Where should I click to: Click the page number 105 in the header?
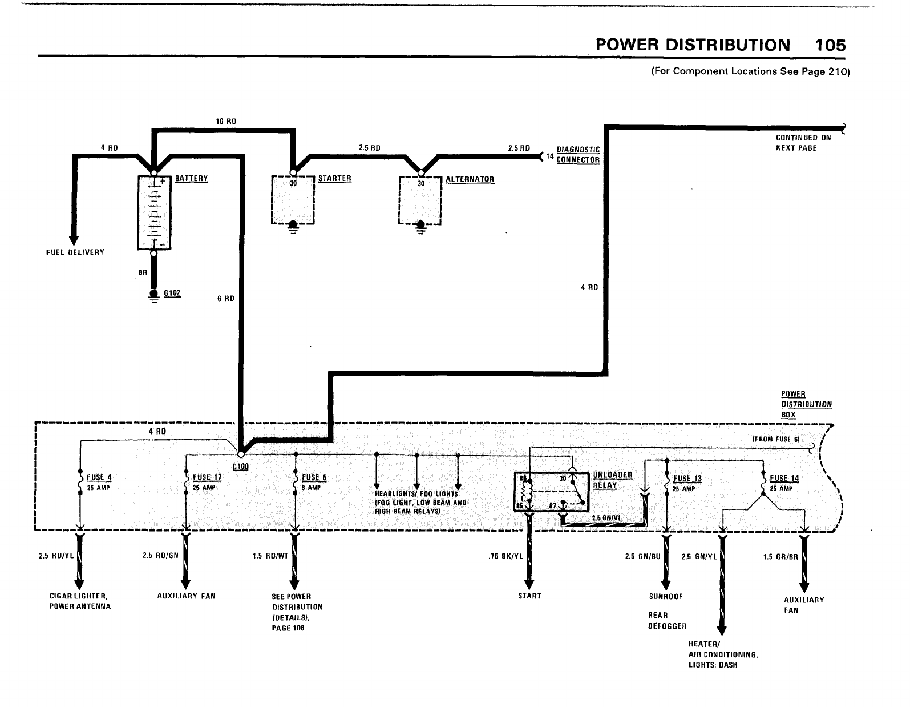pos(830,45)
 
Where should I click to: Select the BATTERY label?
pos(191,179)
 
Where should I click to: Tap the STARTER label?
pos(335,179)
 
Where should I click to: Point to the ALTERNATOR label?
pos(470,179)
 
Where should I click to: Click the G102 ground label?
pos(172,293)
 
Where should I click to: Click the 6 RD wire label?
pos(225,298)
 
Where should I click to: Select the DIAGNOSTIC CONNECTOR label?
pos(578,155)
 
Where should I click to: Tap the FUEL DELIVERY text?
pos(75,252)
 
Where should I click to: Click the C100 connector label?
pos(240,466)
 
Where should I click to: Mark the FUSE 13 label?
pos(687,479)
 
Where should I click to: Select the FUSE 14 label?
pos(784,479)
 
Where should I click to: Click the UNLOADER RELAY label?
pos(613,480)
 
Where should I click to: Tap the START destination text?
pos(529,596)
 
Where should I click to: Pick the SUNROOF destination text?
pos(665,597)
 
